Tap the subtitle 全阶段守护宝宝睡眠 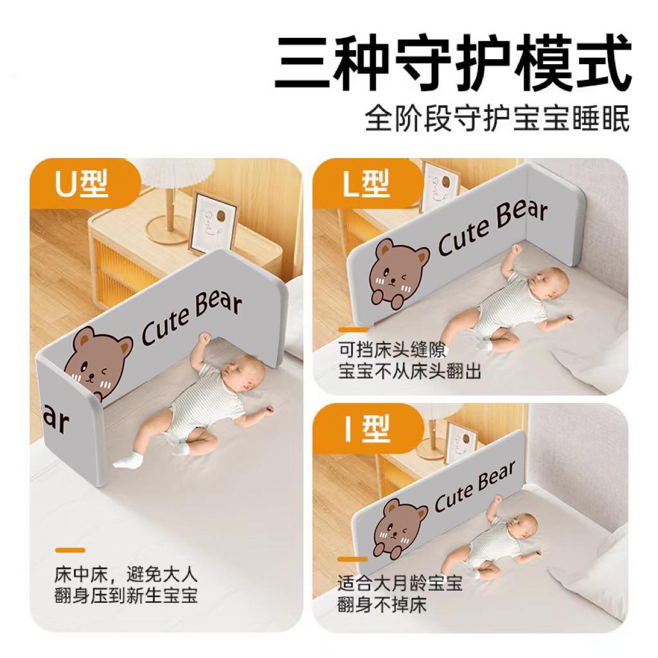pos(497,120)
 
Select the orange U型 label pos(82,184)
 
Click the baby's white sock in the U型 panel pos(126,458)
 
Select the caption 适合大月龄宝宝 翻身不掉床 pos(400,594)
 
